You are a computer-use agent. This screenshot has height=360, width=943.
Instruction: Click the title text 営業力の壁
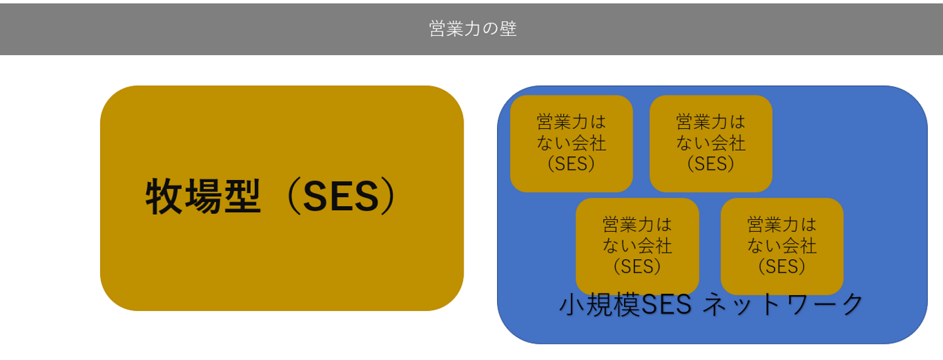[473, 29]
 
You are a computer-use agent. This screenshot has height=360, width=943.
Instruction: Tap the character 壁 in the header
[508, 29]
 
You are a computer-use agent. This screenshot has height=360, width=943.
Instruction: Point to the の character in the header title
[490, 29]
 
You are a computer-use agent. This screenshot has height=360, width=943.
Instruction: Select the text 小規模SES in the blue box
[625, 304]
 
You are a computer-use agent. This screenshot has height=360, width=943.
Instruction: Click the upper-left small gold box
[571, 143]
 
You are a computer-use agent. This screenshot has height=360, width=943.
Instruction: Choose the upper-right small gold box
[711, 143]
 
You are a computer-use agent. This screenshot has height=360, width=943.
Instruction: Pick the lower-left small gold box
[637, 247]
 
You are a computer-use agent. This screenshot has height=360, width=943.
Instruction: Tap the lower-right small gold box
[782, 247]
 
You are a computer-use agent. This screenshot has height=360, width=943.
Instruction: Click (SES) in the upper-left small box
[571, 164]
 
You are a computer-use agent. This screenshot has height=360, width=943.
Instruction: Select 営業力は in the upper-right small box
[711, 122]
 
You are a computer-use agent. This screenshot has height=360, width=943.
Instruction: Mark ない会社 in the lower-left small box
[637, 246]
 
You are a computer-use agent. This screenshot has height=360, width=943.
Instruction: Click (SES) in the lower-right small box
[782, 266]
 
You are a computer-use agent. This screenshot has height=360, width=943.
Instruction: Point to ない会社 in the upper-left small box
[571, 143]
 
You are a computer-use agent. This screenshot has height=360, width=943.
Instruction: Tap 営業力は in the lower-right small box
[782, 225]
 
